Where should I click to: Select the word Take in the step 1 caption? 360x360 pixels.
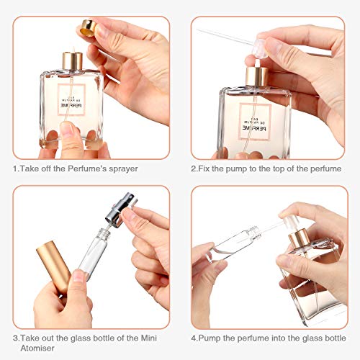point(31,169)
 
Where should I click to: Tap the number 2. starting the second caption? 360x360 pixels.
point(194,169)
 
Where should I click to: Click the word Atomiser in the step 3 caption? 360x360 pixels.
point(34,348)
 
